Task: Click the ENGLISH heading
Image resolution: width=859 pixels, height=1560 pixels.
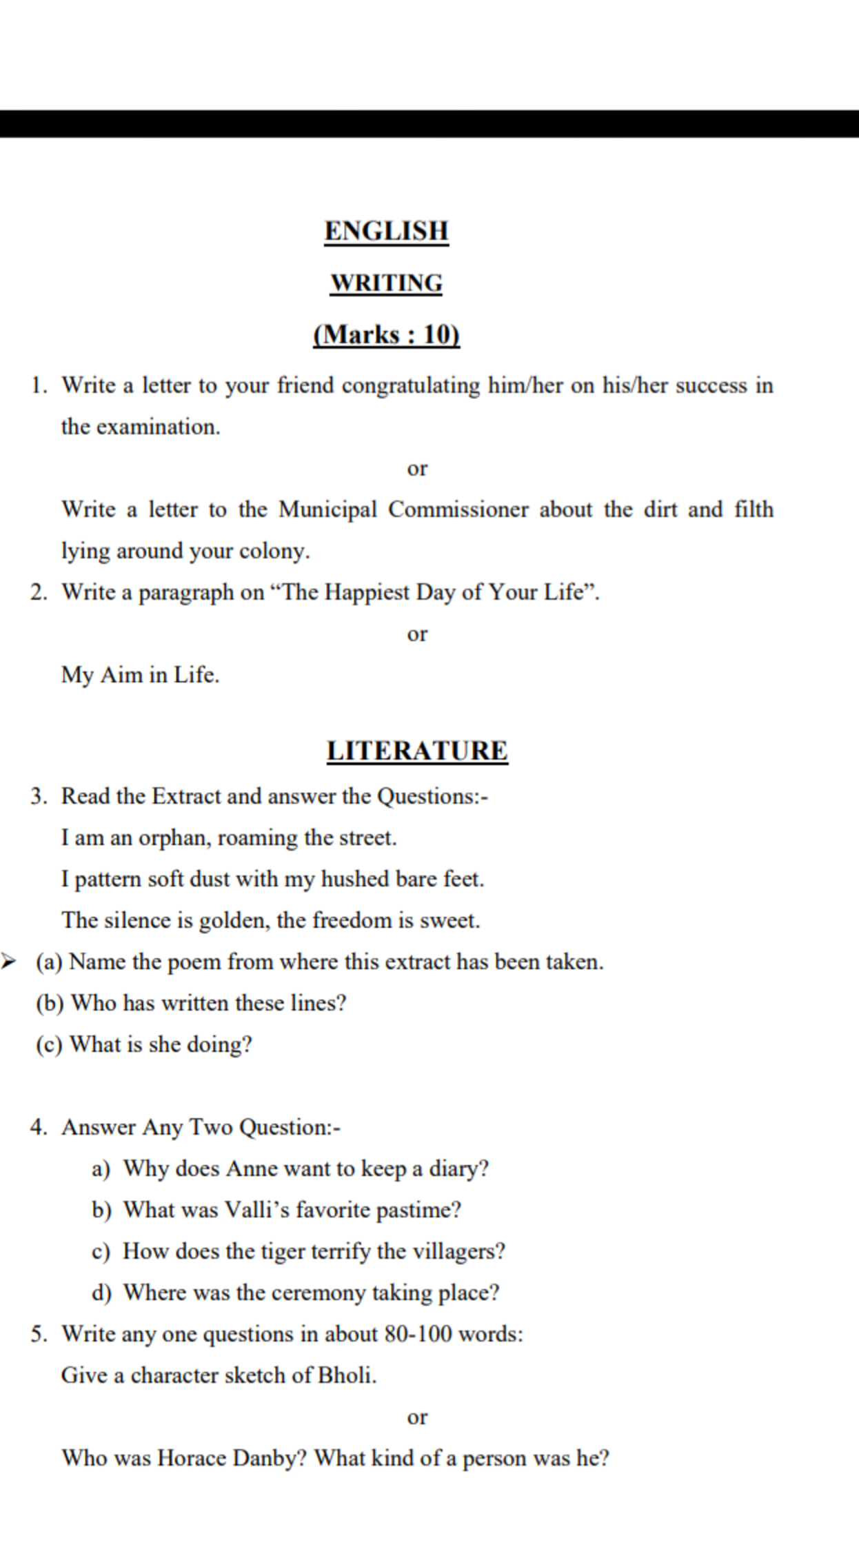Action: (386, 231)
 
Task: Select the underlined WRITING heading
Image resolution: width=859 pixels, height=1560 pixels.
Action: (386, 283)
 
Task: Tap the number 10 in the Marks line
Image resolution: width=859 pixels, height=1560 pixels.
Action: (440, 335)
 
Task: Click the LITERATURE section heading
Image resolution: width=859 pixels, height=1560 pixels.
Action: (417, 751)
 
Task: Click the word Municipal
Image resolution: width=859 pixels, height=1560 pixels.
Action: (327, 510)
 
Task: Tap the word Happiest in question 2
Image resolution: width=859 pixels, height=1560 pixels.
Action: (367, 593)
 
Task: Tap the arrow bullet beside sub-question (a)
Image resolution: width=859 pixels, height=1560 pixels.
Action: (8, 961)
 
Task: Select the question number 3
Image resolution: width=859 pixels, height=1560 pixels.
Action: (38, 797)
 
